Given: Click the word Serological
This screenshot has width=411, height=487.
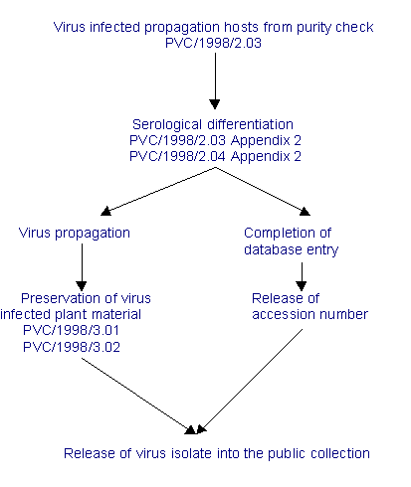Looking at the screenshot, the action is pyautogui.click(x=167, y=125).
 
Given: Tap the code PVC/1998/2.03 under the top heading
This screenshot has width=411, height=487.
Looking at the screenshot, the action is pyautogui.click(x=213, y=43).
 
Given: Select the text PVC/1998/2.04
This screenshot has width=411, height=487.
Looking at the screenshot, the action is pyautogui.click(x=177, y=156).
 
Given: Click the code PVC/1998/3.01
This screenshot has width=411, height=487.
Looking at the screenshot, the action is pyautogui.click(x=71, y=330).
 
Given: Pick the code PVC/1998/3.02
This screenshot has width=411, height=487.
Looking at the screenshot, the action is pyautogui.click(x=72, y=347).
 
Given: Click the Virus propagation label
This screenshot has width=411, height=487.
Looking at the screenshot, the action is pyautogui.click(x=75, y=234).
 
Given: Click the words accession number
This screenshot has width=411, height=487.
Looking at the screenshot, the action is pyautogui.click(x=309, y=314).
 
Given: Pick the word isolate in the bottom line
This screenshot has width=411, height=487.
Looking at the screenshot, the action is pyautogui.click(x=191, y=453).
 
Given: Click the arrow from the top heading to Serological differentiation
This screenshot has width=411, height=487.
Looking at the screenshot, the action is pyautogui.click(x=215, y=81).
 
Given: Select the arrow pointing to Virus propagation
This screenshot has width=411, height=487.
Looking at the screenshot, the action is pyautogui.click(x=158, y=192).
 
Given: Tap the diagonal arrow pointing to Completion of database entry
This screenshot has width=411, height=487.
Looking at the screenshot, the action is pyautogui.click(x=263, y=192).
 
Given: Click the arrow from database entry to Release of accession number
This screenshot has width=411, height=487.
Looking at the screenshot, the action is pyautogui.click(x=302, y=277).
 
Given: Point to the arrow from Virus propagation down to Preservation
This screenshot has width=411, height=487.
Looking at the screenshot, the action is pyautogui.click(x=82, y=267).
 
